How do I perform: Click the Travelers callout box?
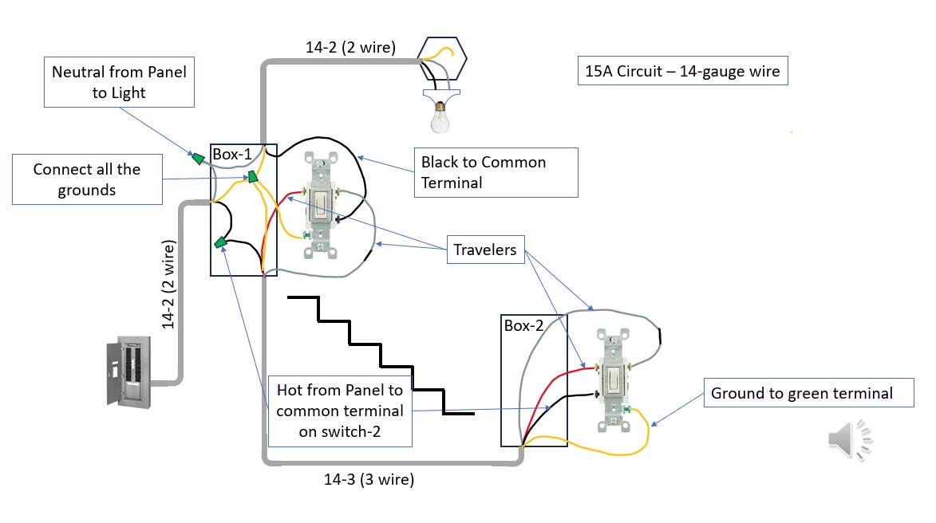point(484,250)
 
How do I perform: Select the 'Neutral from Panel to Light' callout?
point(119,82)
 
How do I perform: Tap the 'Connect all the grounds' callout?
point(87,179)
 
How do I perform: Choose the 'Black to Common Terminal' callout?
point(495,172)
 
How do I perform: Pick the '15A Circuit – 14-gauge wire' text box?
point(682,72)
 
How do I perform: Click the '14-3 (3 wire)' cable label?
point(369,480)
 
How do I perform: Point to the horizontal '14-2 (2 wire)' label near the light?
point(350,47)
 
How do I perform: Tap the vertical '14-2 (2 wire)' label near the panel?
point(168,284)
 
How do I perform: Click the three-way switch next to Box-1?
point(322,206)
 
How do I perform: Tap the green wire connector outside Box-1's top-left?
point(196,158)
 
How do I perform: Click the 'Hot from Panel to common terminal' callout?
point(339,411)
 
